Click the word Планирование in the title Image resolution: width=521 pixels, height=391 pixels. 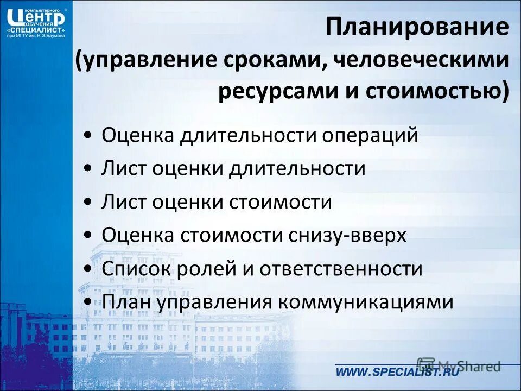pos(417,27)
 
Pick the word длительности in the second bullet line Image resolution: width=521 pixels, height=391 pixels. pos(297,168)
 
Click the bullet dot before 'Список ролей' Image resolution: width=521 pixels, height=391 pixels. pos(88,269)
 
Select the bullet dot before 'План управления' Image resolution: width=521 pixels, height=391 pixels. pos(88,302)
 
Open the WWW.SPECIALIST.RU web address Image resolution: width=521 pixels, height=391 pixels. pos(397,372)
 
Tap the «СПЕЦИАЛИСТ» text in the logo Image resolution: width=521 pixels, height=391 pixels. pos(36,29)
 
